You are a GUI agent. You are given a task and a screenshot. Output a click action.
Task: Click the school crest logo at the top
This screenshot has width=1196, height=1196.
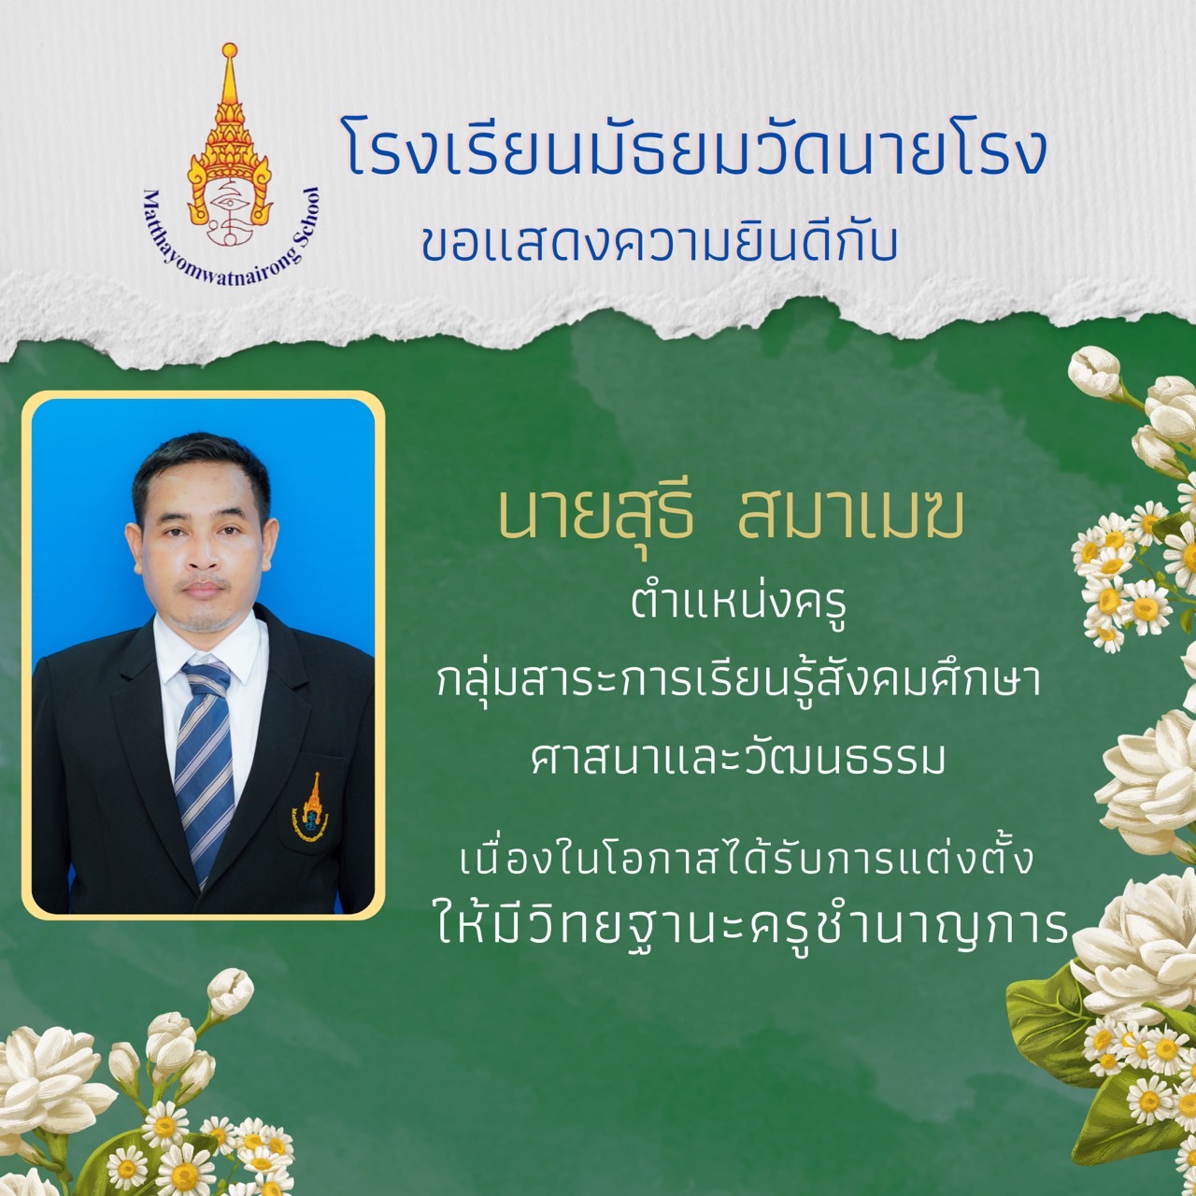pos(230,164)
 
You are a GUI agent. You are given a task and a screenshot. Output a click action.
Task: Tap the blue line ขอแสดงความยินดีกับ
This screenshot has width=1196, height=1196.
pos(660,241)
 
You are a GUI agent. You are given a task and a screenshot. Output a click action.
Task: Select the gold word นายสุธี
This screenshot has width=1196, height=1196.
pos(596,519)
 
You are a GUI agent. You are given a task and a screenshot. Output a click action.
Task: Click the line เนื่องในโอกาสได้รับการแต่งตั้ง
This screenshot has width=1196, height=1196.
pos(747,857)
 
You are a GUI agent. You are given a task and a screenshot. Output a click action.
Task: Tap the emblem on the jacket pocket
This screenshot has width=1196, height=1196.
pos(311,806)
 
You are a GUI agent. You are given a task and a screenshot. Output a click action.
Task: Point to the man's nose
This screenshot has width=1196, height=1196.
pos(201,556)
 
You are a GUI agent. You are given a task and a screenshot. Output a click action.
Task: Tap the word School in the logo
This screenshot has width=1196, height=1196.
pos(305,217)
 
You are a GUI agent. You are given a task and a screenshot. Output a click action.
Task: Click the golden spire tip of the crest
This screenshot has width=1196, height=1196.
pos(230,50)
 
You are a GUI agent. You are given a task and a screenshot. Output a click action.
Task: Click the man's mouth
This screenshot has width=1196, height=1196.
pos(201,589)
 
